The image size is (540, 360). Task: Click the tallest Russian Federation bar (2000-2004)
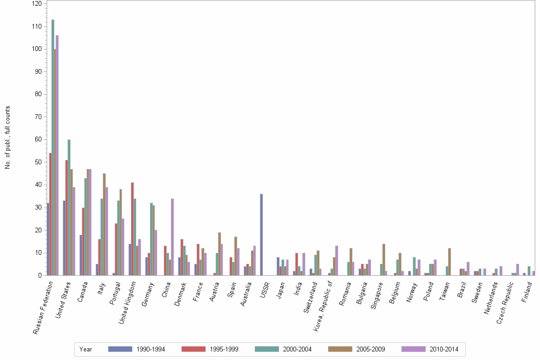click(53, 148)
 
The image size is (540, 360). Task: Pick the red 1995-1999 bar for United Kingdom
click(132, 229)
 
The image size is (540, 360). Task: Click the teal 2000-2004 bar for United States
click(69, 207)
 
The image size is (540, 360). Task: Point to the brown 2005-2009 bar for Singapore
click(384, 260)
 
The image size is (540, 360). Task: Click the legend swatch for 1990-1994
click(120, 349)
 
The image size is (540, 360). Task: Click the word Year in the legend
click(86, 349)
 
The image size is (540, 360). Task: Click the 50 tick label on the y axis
click(38, 162)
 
